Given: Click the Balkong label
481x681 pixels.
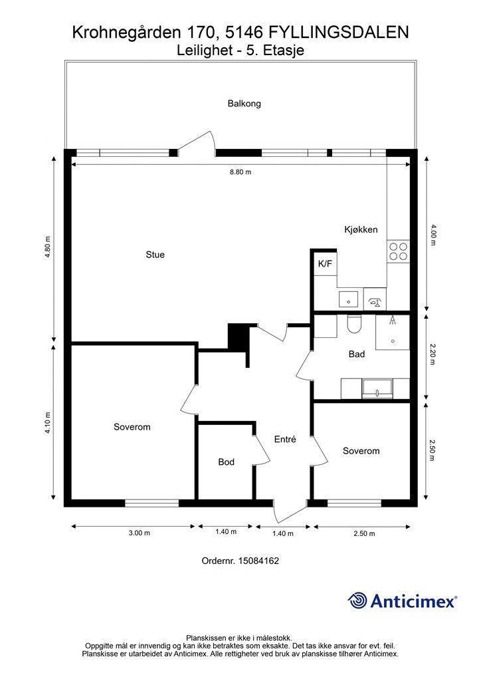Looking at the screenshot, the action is tap(244, 103).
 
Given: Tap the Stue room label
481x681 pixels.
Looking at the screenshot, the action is tap(155, 255).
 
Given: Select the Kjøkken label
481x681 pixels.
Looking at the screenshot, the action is tap(361, 229).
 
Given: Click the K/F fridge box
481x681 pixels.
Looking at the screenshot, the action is tap(326, 263).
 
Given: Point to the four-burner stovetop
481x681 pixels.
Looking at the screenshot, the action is tap(398, 251).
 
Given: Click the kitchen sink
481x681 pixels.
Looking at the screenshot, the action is tap(348, 299).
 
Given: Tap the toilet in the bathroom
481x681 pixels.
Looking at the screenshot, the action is tap(354, 324).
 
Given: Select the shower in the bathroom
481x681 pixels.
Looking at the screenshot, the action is tap(393, 333).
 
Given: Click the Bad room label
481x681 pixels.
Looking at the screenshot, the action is tap(357, 354).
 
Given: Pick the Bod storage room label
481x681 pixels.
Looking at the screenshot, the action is tap(226, 462).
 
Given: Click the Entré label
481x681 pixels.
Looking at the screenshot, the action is tap(285, 440).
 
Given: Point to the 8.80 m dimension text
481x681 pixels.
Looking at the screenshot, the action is tap(241, 172).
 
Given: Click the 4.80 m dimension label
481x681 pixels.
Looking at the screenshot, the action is tap(48, 247).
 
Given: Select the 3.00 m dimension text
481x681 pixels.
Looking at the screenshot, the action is tap(140, 533).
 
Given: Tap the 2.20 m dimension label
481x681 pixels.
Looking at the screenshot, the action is tap(432, 355).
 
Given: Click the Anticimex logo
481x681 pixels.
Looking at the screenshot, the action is tap(402, 601).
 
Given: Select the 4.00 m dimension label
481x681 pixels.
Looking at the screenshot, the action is tap(432, 235).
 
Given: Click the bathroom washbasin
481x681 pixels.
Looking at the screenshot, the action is tap(377, 388).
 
